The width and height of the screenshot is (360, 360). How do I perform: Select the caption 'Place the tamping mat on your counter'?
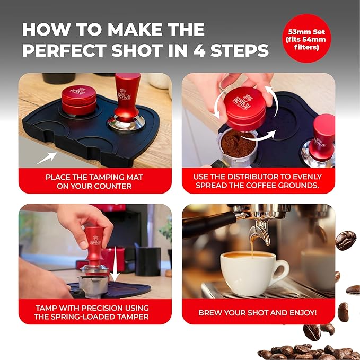click(x=95, y=181)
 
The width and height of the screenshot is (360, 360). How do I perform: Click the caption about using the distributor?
click(x=258, y=181)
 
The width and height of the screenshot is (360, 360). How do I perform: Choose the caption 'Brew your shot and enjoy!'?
click(x=258, y=312)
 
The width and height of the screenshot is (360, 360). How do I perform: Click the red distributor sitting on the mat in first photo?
click(x=79, y=100)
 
